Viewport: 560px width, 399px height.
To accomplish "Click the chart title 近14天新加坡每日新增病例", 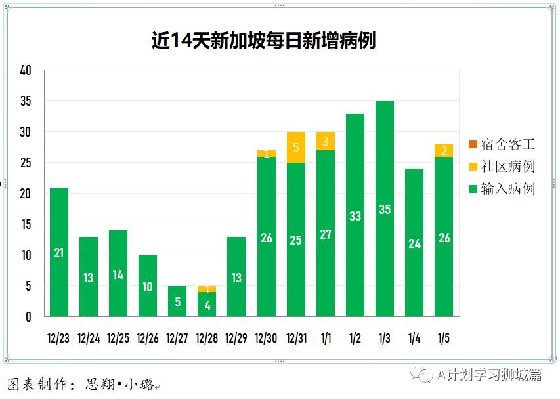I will (x=263, y=41).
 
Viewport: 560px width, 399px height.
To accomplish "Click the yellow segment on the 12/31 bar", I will (x=296, y=148).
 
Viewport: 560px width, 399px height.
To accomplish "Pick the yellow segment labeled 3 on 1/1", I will (x=326, y=141).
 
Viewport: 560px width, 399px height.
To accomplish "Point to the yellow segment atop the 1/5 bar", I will (x=444, y=151).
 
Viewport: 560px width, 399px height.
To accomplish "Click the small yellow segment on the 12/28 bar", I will (x=207, y=289).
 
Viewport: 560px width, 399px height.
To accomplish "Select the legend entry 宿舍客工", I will (x=502, y=144).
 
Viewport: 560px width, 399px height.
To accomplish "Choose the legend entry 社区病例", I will (x=502, y=167).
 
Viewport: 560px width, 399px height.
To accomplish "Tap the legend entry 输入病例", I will (x=502, y=189).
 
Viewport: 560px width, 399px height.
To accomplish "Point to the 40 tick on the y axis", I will (x=26, y=71).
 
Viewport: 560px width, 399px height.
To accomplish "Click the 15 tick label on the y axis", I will (x=26, y=224).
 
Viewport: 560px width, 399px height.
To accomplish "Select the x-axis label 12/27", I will (x=177, y=339).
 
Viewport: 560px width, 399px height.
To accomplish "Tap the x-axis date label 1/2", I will (x=355, y=339).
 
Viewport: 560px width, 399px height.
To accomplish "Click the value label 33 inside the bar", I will (x=355, y=216).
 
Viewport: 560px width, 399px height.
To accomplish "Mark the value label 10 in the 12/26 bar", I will (x=148, y=287).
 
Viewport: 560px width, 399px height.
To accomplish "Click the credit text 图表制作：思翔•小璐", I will (x=82, y=385).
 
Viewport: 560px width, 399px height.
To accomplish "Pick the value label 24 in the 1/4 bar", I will (x=414, y=243).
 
